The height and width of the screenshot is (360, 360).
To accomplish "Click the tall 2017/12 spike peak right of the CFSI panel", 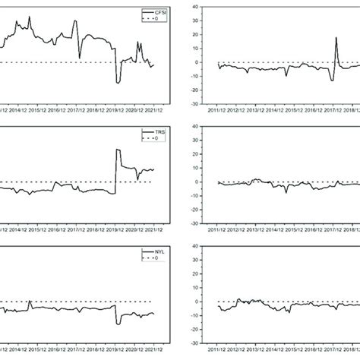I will coord(336,37).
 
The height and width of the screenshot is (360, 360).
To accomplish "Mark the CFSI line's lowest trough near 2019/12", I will coord(117,83).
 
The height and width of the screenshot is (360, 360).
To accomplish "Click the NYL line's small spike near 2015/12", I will coord(30,302).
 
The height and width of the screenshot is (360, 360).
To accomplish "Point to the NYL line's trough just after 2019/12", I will coord(118,324).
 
